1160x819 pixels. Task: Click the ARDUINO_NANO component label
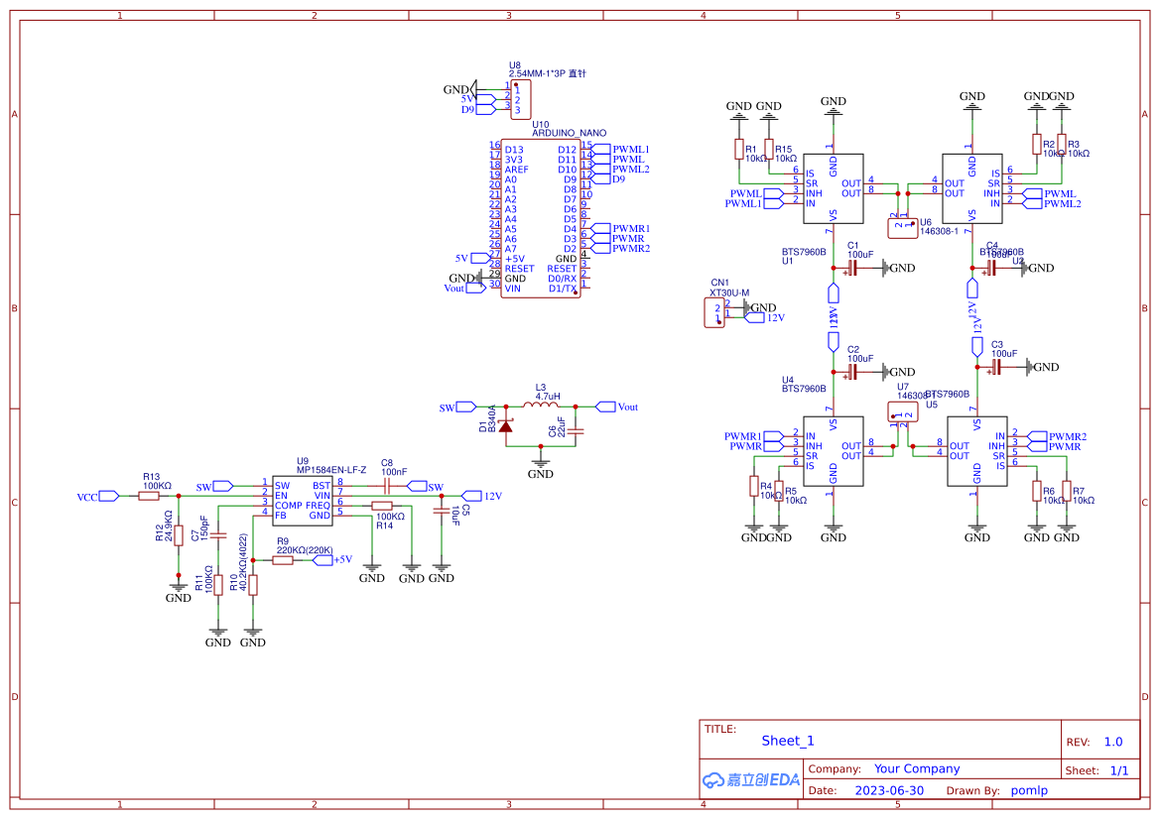569,133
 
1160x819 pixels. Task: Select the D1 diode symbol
504,425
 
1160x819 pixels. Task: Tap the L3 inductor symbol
541,406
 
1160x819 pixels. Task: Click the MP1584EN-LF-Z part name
331,469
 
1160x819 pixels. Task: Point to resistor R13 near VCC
149,496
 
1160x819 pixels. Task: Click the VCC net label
87,496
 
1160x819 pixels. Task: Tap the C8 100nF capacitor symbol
387,486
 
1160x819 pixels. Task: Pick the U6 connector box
903,226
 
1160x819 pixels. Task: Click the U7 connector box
903,411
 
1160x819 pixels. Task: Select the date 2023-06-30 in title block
888,790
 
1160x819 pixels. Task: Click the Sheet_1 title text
787,741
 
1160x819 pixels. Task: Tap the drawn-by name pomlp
1029,790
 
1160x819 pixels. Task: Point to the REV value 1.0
1112,742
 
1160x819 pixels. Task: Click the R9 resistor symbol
283,560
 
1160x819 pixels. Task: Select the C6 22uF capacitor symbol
578,430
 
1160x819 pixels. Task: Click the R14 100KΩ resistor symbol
383,506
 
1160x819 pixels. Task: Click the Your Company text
916,768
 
